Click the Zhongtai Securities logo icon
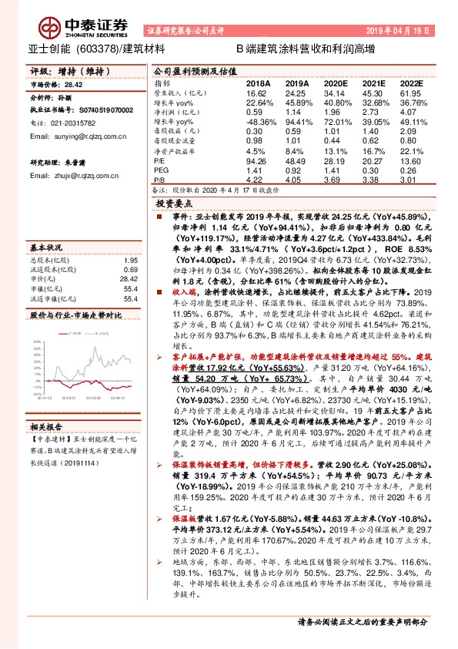coord(52,29)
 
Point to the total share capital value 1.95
coord(131,261)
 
